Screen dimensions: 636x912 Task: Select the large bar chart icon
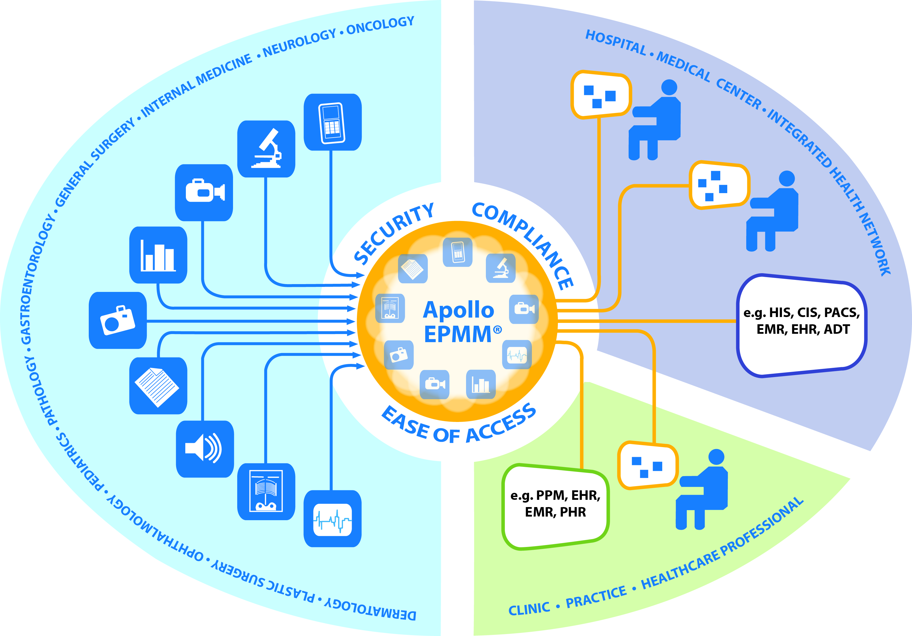coord(158,255)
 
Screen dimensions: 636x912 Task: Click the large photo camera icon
coord(117,320)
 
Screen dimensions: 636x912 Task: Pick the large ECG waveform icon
coord(332,519)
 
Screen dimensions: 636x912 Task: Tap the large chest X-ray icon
coord(266,491)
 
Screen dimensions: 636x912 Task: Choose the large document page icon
coord(158,386)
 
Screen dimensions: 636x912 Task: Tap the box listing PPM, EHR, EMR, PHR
coord(555,507)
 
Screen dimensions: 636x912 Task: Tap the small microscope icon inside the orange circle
coord(500,268)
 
